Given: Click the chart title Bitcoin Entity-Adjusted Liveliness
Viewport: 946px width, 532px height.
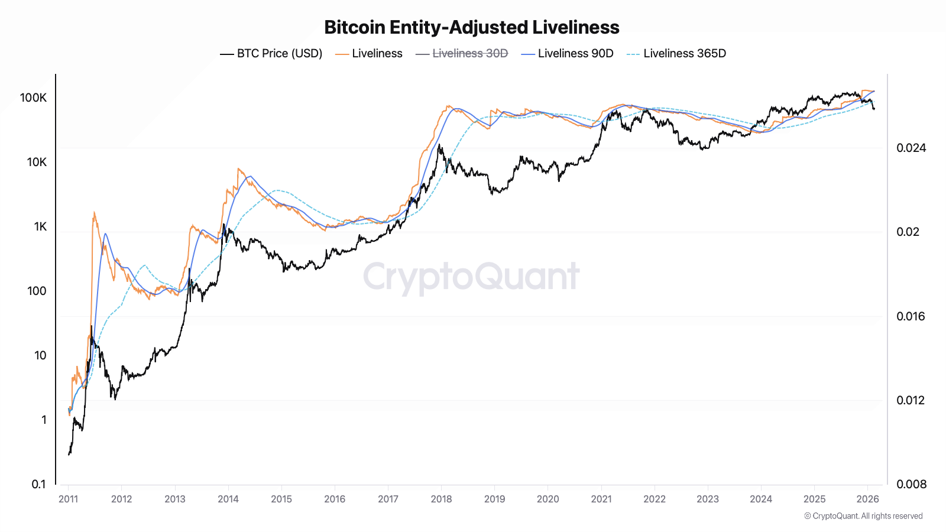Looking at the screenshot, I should pos(472,27).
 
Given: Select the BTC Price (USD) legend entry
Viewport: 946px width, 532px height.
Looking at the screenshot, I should pos(271,53).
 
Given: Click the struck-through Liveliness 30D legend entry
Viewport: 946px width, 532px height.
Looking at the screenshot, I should pos(462,53).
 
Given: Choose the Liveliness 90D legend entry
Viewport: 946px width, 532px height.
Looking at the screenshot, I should pos(568,53).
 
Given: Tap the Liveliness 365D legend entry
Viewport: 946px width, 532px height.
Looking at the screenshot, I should pos(676,53).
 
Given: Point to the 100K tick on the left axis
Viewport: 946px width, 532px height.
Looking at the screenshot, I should pos(33,98).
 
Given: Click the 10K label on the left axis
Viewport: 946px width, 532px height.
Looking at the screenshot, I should pos(37,162).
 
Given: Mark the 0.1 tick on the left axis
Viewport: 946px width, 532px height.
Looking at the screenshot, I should pos(38,484).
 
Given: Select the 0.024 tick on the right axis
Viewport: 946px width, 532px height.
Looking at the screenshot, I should pos(911,148).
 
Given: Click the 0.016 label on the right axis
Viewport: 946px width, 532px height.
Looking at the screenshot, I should pos(911,316).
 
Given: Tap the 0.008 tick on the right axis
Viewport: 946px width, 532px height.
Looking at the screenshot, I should pos(911,484).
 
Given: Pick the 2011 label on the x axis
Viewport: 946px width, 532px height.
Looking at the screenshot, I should pos(68,499).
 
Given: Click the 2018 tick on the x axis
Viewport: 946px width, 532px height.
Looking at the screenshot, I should pos(441,499).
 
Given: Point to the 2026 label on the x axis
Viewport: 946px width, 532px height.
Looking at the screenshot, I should pos(867,499).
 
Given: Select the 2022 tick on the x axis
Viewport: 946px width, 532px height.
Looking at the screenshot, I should pos(655,499).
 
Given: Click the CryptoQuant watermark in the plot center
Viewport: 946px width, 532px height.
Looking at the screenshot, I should pos(471,276).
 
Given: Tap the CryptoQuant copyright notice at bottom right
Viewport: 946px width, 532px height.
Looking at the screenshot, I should pos(863,516).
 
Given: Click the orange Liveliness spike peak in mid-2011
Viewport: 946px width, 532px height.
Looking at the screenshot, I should pos(94,213).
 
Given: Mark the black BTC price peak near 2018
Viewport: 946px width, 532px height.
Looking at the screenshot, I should pos(439,145).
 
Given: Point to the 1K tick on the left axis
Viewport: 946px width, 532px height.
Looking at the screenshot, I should pos(40,226).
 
